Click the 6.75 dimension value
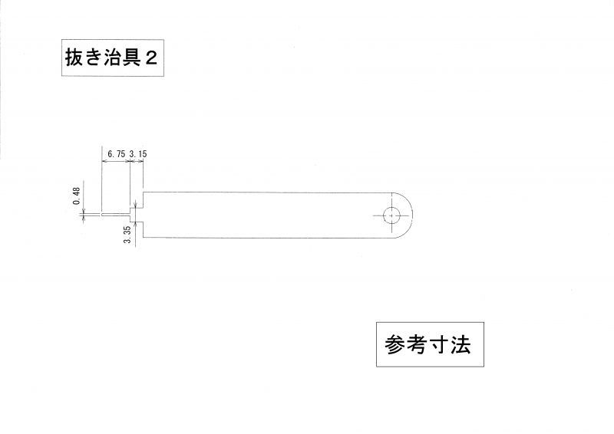click(x=117, y=154)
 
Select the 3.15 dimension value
click(x=138, y=154)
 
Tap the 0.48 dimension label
click(x=76, y=196)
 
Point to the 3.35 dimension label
click(x=127, y=235)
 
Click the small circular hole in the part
click(x=391, y=215)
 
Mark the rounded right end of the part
click(x=402, y=215)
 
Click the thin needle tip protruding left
click(x=116, y=215)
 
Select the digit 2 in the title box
click(x=151, y=58)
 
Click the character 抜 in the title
click(x=74, y=58)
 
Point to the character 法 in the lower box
click(x=460, y=345)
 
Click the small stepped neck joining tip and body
click(x=137, y=215)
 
